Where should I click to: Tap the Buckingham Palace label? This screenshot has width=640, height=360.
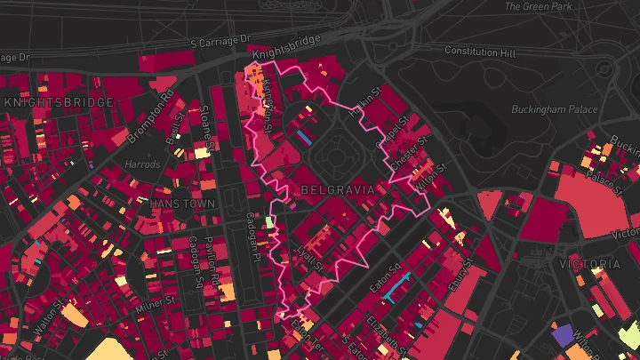click(555, 109)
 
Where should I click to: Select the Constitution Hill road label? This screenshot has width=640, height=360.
click(479, 52)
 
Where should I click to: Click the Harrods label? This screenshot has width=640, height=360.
click(142, 164)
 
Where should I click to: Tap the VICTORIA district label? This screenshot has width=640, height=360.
click(590, 264)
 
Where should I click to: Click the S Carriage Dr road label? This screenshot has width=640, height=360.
click(220, 42)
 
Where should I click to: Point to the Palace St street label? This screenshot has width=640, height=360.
click(608, 181)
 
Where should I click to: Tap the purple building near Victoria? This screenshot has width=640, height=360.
click(562, 335)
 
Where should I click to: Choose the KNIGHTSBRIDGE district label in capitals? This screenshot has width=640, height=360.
click(59, 102)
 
